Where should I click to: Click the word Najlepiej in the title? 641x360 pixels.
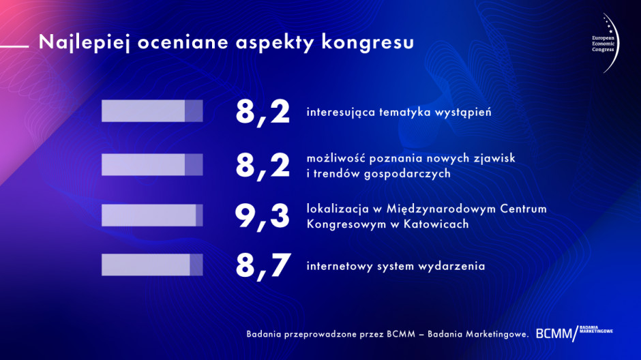[84, 42]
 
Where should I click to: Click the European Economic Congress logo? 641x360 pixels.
[605, 44]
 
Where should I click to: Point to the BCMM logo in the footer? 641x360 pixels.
[574, 333]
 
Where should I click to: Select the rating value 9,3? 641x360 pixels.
[262, 217]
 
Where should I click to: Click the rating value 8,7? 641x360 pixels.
[263, 266]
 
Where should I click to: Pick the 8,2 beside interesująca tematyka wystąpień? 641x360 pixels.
[263, 112]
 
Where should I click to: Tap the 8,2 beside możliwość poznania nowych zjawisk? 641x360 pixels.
[263, 165]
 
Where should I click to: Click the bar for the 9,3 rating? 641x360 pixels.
[152, 215]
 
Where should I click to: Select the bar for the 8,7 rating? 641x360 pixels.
[152, 265]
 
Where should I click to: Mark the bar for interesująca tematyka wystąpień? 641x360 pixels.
[152, 110]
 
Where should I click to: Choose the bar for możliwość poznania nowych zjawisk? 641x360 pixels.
[152, 165]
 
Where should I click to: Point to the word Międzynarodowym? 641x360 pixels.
[442, 209]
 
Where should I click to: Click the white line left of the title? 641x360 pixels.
[14, 46]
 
